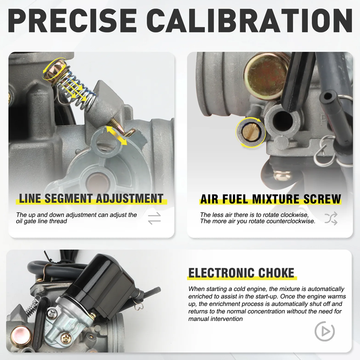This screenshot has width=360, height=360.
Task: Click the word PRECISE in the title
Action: pyautogui.click(x=72, y=21)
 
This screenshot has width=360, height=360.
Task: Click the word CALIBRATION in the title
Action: pyautogui.click(x=250, y=21)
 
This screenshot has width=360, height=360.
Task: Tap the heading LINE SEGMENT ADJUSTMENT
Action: pyautogui.click(x=91, y=198)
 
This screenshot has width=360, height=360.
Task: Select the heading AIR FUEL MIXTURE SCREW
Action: pyautogui.click(x=271, y=199)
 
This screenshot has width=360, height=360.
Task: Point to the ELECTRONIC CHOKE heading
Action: pyautogui.click(x=241, y=273)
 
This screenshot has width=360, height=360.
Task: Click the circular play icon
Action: pyautogui.click(x=324, y=331)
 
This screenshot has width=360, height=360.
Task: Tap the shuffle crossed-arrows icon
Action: pyautogui.click(x=331, y=218)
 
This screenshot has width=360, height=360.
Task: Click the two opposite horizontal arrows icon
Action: pyautogui.click(x=154, y=218)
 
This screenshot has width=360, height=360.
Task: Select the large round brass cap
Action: pyautogui.click(x=266, y=77)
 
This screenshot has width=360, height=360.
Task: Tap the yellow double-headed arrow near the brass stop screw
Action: pyautogui.click(x=116, y=136)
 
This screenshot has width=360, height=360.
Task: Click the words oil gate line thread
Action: pyautogui.click(x=41, y=221)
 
